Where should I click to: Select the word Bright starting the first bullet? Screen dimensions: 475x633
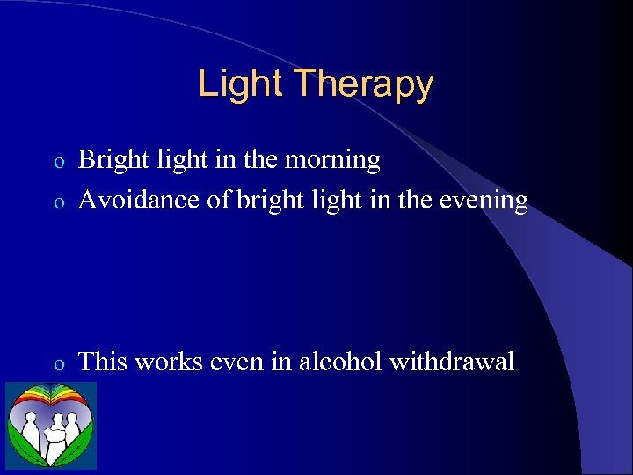(x=113, y=161)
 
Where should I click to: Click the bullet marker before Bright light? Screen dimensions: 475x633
(x=58, y=163)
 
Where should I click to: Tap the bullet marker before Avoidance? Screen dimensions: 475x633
(x=58, y=202)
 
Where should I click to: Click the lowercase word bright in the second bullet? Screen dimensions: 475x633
(x=262, y=201)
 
